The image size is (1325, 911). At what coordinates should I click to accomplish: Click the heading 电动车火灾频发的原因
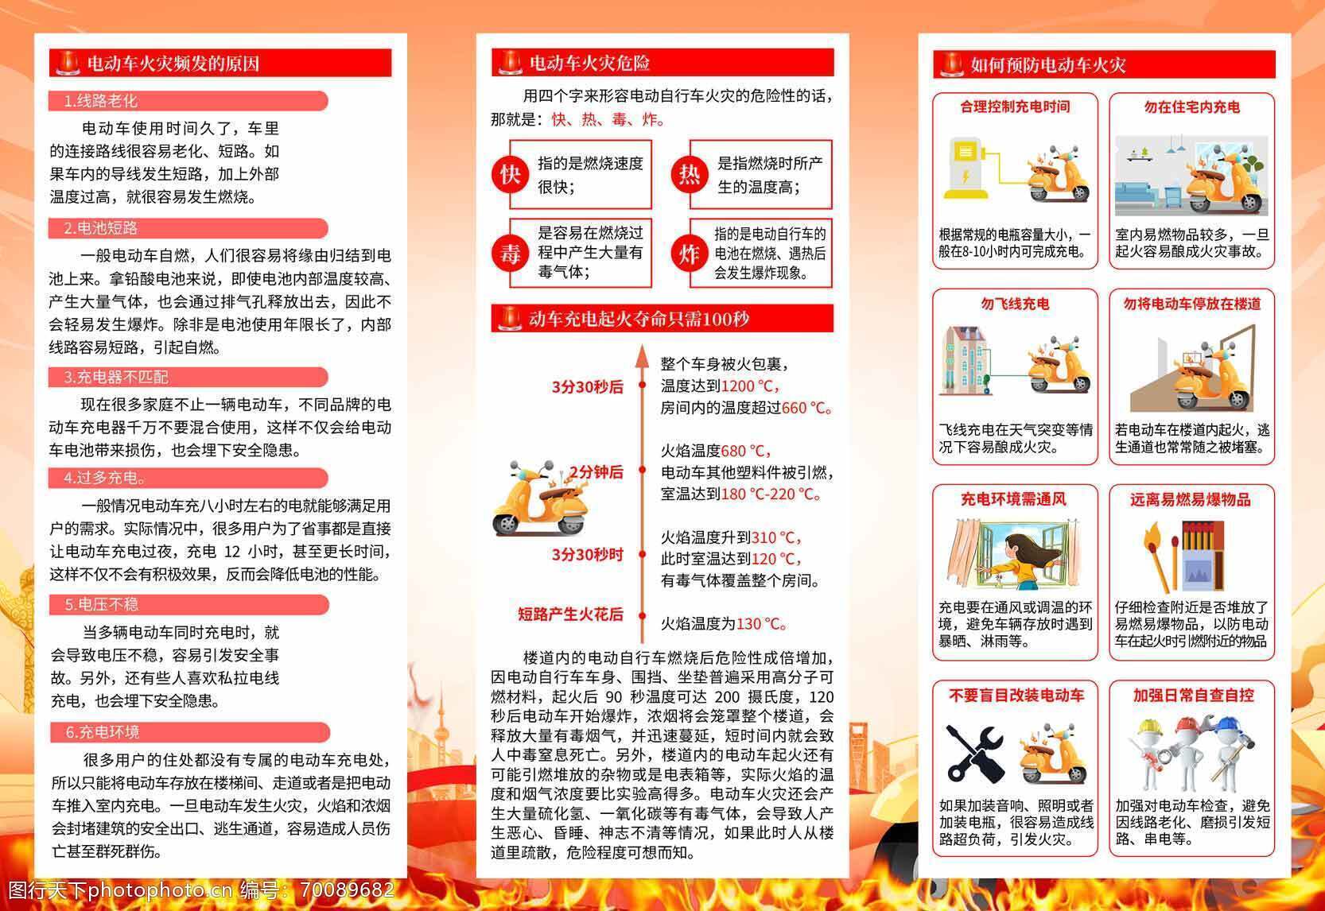[x=173, y=64]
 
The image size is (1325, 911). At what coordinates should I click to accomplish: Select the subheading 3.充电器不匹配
[x=116, y=377]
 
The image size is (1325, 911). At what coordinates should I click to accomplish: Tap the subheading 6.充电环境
[x=103, y=732]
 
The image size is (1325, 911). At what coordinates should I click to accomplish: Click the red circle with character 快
[x=510, y=174]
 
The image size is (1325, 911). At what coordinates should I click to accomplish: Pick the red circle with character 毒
[x=510, y=254]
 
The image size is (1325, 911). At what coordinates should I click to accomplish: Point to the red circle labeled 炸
[x=690, y=254]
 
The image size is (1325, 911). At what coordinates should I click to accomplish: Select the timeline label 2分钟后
[x=596, y=471]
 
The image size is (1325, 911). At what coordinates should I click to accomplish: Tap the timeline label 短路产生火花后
[x=570, y=614]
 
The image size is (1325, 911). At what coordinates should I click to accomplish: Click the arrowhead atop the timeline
[x=643, y=355]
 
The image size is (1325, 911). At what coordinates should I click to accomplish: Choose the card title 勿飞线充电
[x=1015, y=304]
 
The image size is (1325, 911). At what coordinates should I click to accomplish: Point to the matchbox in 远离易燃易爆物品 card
[x=1202, y=556]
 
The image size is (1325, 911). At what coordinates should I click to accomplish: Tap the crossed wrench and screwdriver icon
[x=974, y=753]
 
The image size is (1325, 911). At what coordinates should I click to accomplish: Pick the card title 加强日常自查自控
[x=1192, y=696]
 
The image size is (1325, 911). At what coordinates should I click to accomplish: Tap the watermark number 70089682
[x=348, y=890]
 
